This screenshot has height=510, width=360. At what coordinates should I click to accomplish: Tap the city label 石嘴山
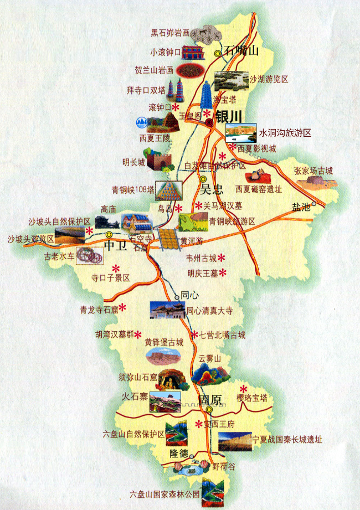(241, 51)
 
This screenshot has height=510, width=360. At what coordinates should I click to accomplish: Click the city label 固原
(210, 399)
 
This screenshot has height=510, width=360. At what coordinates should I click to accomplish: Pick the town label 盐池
(301, 207)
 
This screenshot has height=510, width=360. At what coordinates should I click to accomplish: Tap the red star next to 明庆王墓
(223, 272)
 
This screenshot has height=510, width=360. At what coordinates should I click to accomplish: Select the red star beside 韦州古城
(221, 257)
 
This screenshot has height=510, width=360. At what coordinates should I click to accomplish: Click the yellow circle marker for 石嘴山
(218, 53)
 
